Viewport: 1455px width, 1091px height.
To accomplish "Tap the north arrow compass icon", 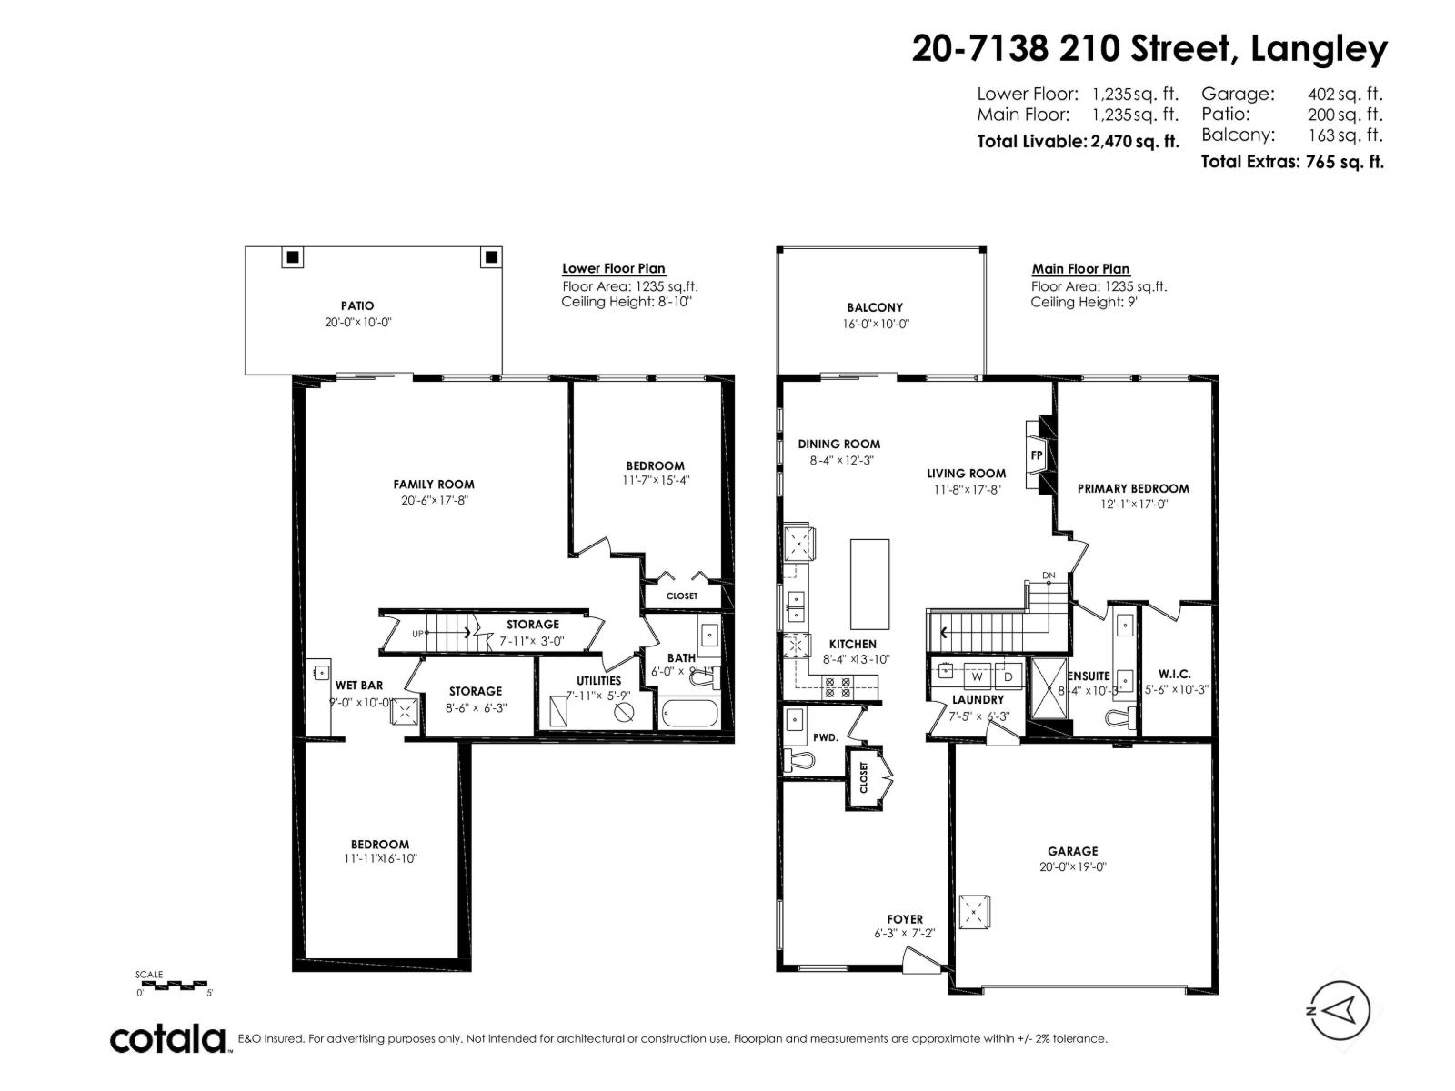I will pos(1339,1011).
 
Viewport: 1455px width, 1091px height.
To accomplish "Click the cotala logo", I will pos(168,1038).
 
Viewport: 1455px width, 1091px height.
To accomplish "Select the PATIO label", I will pos(357,306).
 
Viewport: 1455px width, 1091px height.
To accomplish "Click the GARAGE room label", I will pos(1073,851).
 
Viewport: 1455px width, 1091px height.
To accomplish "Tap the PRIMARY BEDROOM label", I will pos(1133,488).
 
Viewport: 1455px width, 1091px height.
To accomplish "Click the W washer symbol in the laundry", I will pos(977,676).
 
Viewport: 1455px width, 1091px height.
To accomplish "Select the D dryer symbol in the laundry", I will pos(1008,676).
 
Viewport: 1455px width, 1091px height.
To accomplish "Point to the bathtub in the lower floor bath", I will pos(688,714).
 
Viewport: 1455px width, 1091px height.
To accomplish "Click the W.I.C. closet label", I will pos(1174,674).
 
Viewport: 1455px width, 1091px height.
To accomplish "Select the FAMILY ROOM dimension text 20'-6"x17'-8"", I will pos(433,500).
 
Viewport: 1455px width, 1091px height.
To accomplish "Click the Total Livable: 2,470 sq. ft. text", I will pos(1078,142).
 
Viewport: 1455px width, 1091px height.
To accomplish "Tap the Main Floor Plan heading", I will pos(1080,268).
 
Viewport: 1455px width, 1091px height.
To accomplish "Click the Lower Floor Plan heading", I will pos(614,268).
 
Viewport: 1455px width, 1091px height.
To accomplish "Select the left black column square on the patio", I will pos(293,257).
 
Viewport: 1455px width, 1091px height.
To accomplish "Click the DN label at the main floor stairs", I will pos(1049,576).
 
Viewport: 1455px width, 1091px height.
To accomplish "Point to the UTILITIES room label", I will pos(598,680).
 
